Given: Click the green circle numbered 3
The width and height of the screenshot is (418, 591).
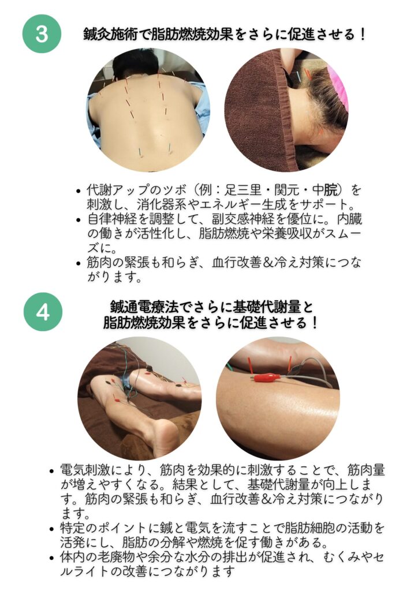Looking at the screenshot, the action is tap(42, 33).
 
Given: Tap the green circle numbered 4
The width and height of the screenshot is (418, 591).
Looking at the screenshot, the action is tap(43, 312).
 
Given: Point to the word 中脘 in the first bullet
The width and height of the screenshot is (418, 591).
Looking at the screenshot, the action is tap(325, 189).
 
